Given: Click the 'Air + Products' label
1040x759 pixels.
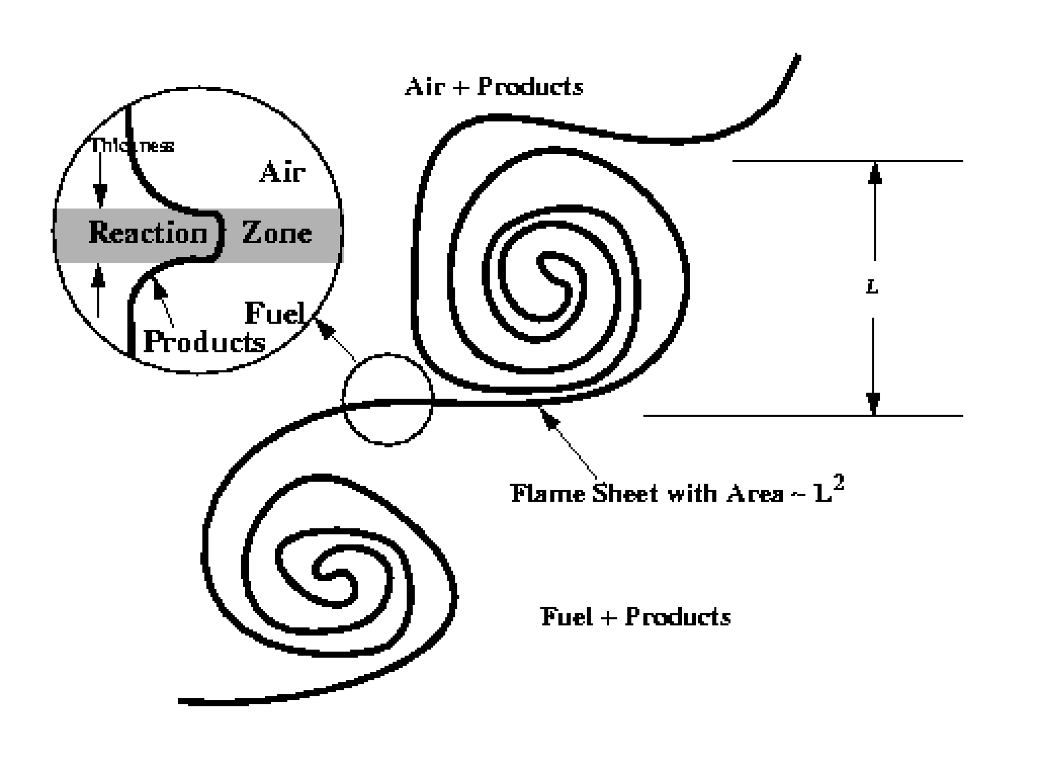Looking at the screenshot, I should [494, 87].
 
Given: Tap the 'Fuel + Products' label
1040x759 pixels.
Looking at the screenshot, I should [635, 617].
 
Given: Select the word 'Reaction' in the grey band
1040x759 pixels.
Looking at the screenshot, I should [148, 232].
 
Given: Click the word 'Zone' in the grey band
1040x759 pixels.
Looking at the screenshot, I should [277, 232].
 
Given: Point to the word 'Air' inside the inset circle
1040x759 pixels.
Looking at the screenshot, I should [282, 173].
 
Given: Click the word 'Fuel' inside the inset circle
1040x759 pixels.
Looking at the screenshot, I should [274, 314].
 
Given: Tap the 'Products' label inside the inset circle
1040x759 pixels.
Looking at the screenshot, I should [204, 342].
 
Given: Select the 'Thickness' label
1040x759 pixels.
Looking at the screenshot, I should [132, 145].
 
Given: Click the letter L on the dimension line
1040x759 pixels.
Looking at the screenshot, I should [872, 287].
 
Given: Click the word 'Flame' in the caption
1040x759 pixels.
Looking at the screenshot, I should [547, 494].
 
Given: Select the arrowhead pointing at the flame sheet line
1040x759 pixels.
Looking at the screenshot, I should [548, 417].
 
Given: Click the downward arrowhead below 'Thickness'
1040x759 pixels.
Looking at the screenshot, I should [101, 194].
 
